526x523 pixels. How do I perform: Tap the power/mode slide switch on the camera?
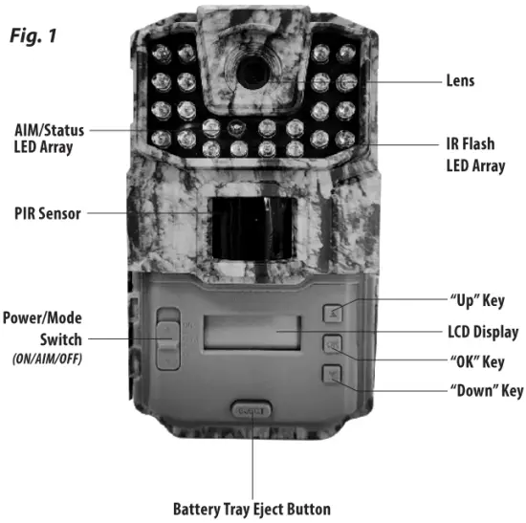pos(166,339)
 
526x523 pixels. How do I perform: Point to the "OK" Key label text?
pos(476,362)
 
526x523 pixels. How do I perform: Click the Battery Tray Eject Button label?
pos(251,507)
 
